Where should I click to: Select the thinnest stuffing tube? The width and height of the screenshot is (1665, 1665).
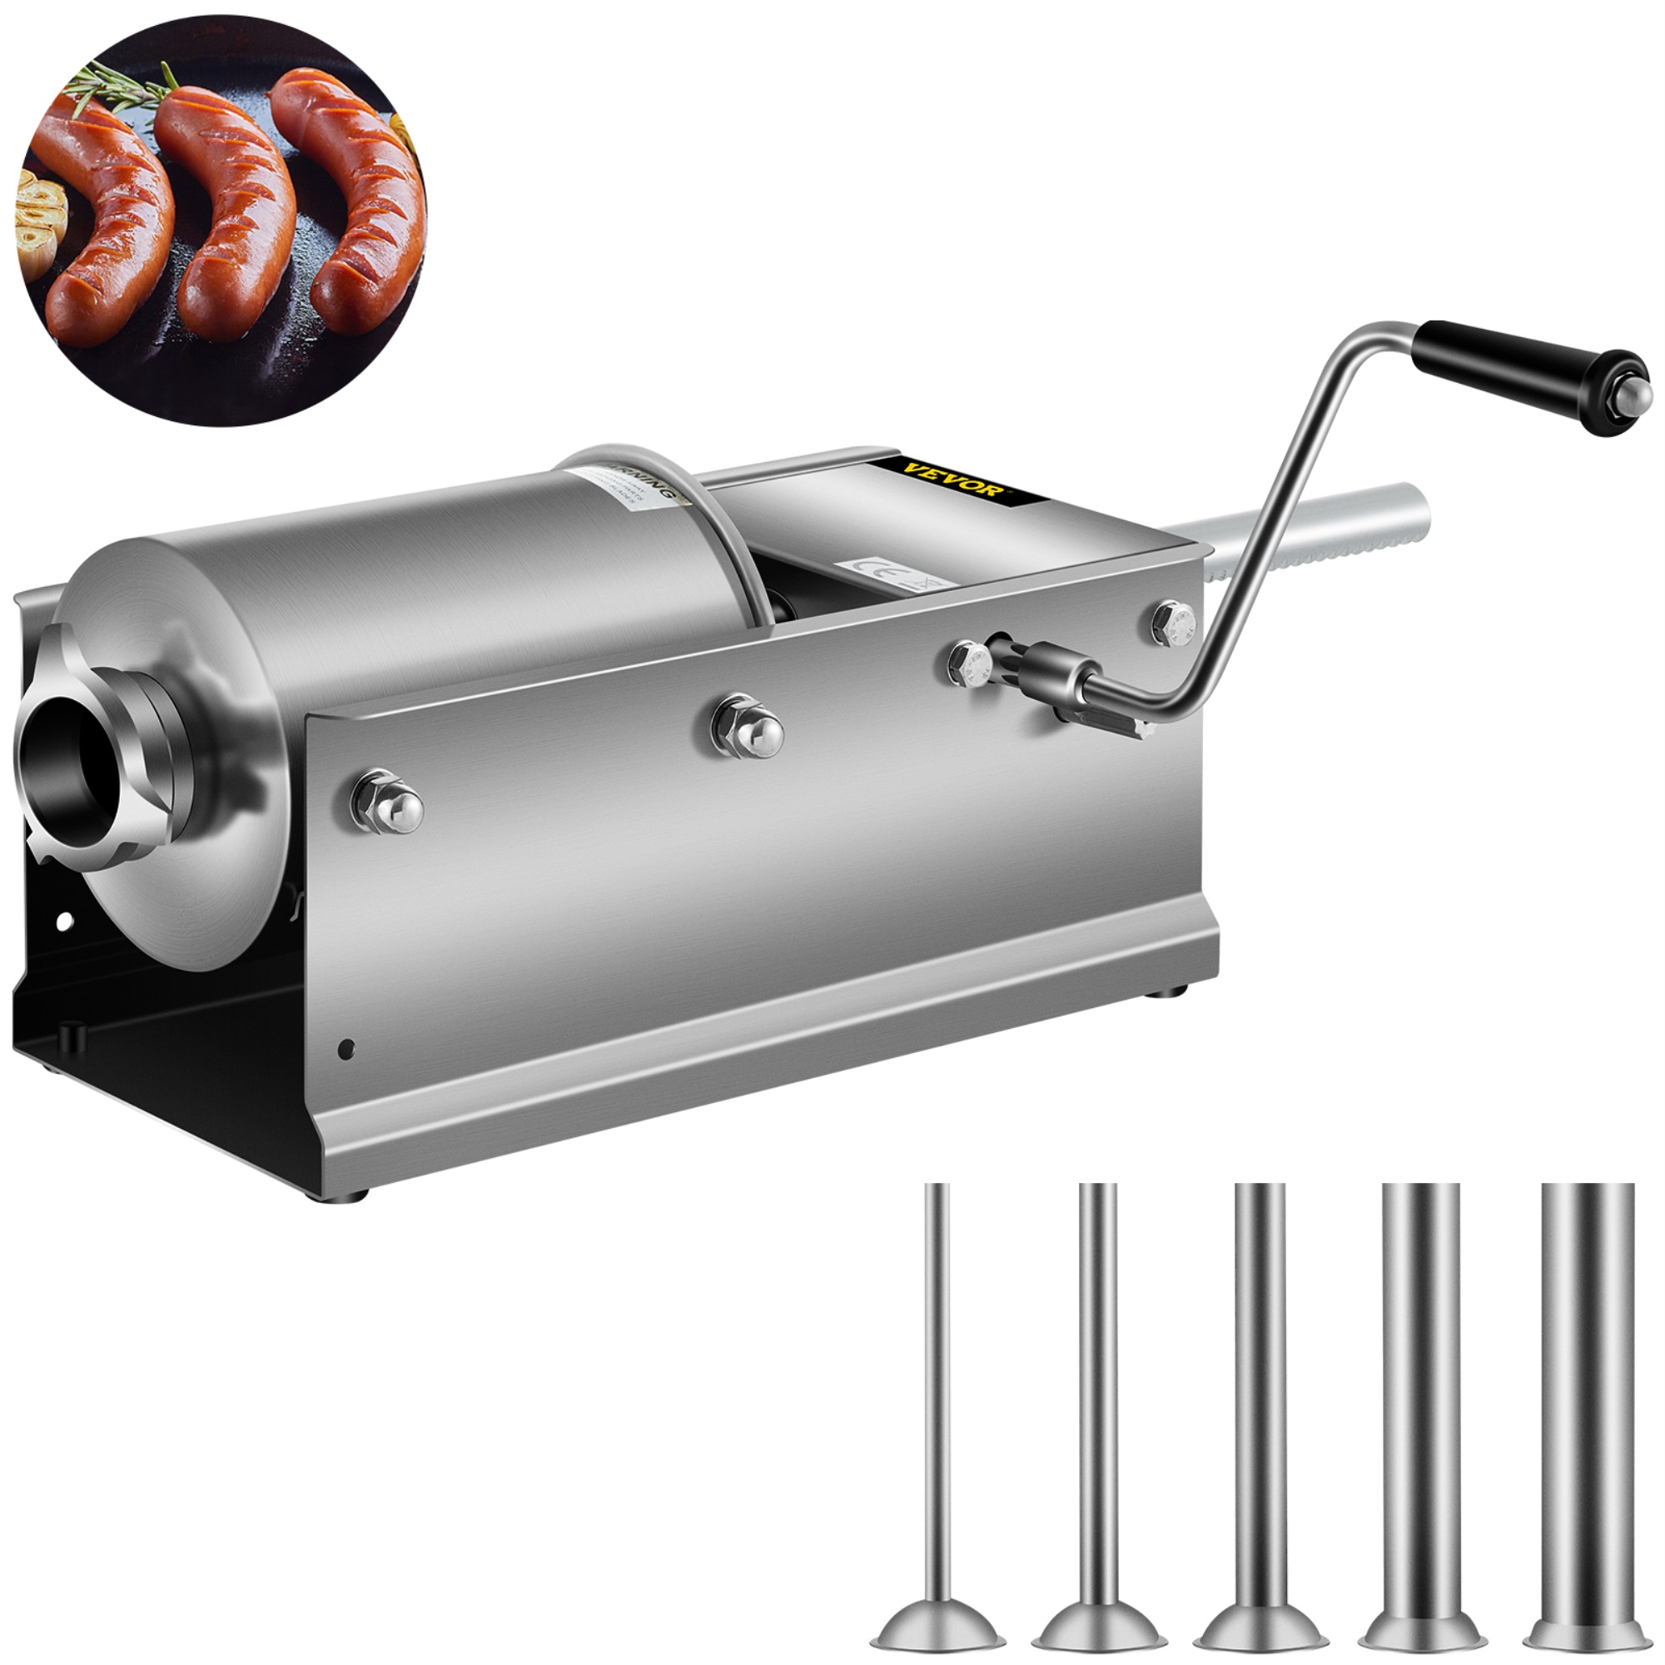pos(937,1422)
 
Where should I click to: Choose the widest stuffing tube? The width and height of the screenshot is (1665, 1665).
pos(1587,1422)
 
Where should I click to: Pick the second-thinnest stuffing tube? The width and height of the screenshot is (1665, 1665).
pos(1097,1422)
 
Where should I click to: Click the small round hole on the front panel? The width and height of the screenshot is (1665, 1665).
pos(347,1048)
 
